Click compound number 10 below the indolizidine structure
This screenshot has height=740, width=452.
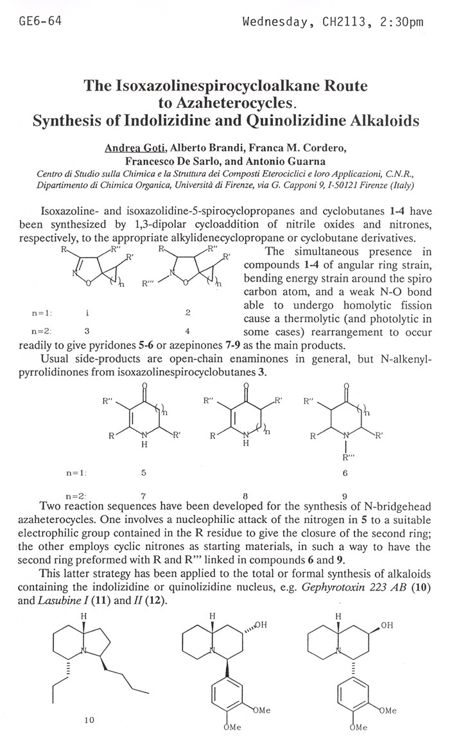tap(89, 720)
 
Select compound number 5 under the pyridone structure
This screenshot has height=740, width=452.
tap(143, 472)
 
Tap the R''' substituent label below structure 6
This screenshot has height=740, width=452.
tap(345, 458)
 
